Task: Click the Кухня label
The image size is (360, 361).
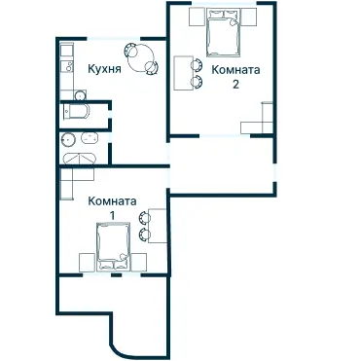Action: click(105, 69)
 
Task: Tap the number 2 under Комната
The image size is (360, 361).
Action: click(235, 84)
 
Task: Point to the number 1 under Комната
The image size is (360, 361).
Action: click(112, 215)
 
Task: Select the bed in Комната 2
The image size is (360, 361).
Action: click(224, 32)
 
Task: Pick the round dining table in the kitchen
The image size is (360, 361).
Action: click(140, 58)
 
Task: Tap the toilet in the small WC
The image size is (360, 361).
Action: click(76, 112)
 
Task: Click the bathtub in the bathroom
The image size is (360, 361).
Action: click(80, 159)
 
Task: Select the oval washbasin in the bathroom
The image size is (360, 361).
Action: click(90, 138)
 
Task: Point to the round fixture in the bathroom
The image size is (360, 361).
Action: click(68, 139)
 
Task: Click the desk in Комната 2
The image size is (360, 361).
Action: click(184, 73)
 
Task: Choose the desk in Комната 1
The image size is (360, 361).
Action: click(157, 226)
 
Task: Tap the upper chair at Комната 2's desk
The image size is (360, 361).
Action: click(196, 64)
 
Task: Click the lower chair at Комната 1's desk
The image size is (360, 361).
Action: click(144, 235)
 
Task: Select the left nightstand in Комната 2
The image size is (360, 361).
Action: click(198, 17)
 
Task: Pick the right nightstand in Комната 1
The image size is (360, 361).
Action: click(138, 263)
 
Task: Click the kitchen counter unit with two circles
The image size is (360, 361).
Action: click(67, 66)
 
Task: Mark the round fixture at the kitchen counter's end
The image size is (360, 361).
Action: click(80, 95)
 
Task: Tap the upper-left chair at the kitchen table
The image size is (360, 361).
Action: click(131, 50)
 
